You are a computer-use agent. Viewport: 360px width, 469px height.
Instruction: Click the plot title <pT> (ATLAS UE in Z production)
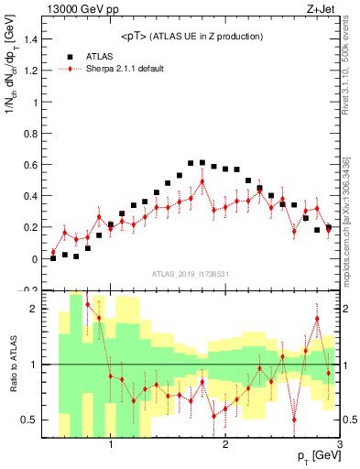(191, 36)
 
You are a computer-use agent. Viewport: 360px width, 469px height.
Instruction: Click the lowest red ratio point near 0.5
(294, 419)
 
